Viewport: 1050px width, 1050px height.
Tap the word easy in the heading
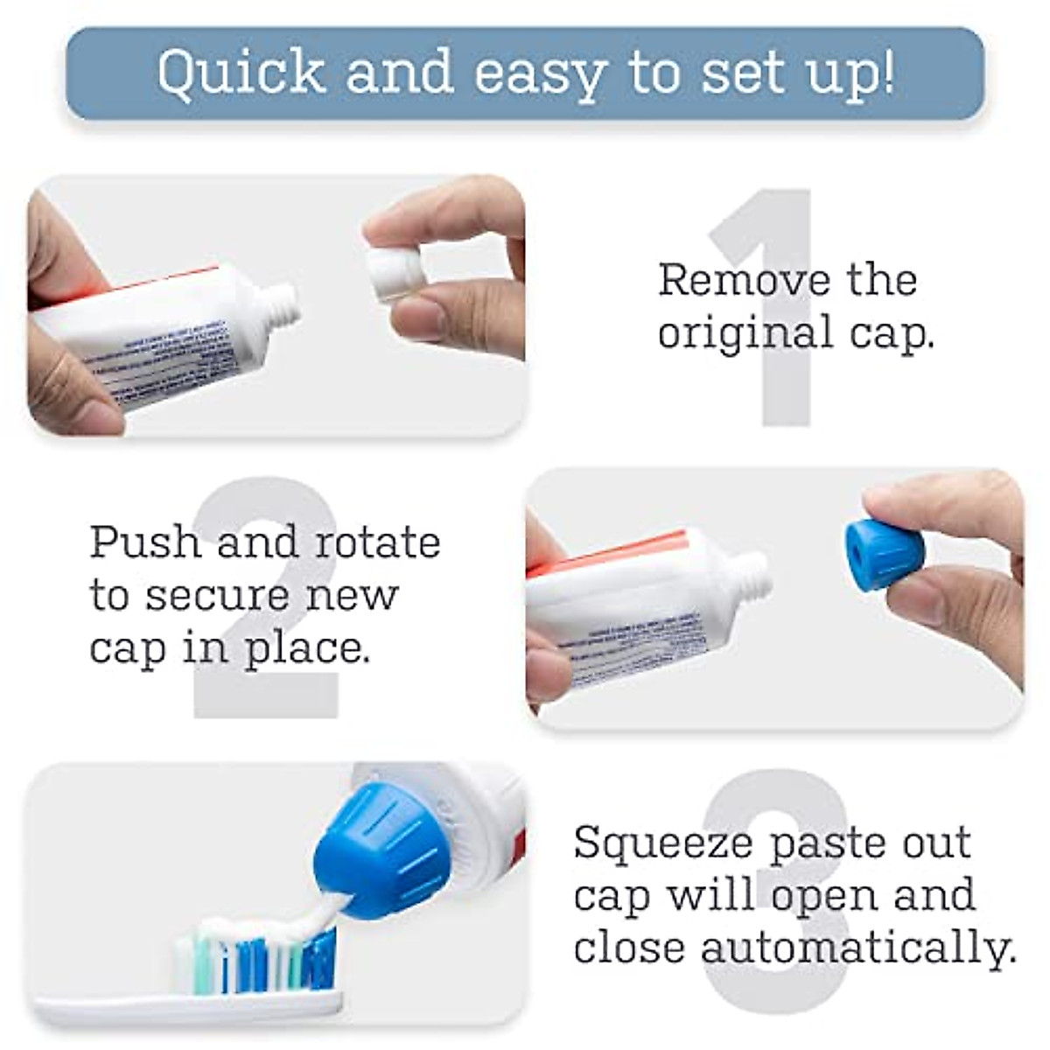pos(540,73)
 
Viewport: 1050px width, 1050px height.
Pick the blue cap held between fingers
pos(883,556)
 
